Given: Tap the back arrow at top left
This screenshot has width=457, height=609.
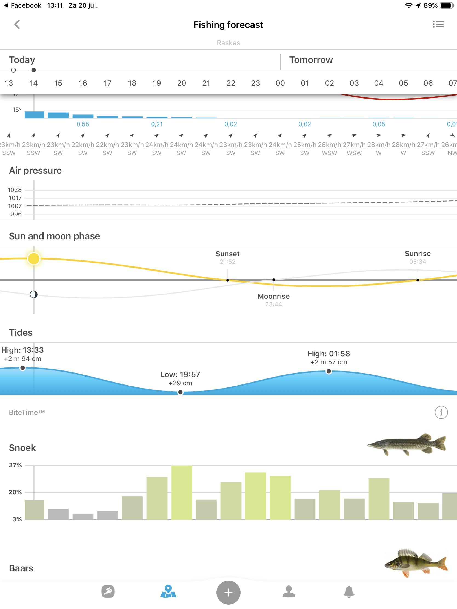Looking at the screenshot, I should click(x=17, y=24).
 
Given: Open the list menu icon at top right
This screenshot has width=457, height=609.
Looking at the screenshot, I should click(x=438, y=24).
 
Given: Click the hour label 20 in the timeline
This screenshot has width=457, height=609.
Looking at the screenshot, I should click(x=181, y=83).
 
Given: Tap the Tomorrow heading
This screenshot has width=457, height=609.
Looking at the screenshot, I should click(x=311, y=60).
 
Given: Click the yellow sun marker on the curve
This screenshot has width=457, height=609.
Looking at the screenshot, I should click(x=34, y=258).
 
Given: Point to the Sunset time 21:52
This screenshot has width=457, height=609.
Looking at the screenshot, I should click(x=227, y=262).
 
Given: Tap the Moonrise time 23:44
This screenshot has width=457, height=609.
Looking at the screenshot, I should click(x=273, y=304).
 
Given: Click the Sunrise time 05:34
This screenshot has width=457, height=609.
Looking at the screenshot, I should click(x=418, y=262).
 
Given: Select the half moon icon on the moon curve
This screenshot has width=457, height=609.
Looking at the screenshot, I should click(x=34, y=295).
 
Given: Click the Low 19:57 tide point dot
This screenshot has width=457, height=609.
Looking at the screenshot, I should click(x=180, y=392).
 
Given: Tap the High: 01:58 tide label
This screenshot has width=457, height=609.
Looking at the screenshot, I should click(x=328, y=354).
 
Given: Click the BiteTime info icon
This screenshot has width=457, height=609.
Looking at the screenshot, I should click(x=441, y=412).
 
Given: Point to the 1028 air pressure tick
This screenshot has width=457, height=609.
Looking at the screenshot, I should click(x=15, y=190).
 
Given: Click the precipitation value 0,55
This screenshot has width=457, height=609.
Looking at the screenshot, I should click(x=83, y=124).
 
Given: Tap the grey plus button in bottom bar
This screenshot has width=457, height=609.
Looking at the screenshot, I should click(x=228, y=592).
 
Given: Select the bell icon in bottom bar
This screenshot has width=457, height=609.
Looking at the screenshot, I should click(x=349, y=592).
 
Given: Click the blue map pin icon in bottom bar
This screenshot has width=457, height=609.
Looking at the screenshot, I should click(x=168, y=592).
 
